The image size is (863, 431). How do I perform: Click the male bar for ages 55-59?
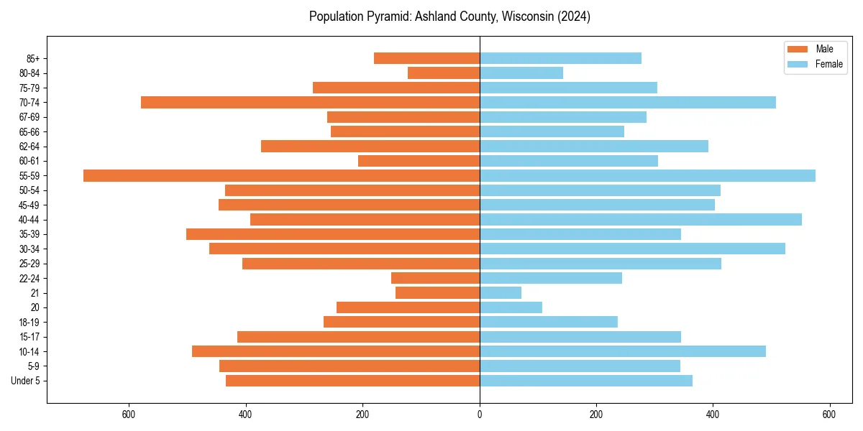(x=281, y=175)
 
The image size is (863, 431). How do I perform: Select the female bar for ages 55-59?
(x=647, y=175)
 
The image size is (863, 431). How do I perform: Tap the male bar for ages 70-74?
(x=310, y=102)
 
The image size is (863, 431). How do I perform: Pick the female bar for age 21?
(x=501, y=292)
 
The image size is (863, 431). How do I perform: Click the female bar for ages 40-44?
(x=640, y=219)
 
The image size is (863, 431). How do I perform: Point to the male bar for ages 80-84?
(x=444, y=73)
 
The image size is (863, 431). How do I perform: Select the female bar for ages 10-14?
(x=623, y=351)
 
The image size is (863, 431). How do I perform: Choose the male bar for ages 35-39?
(x=333, y=234)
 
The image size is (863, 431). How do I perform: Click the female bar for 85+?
(x=560, y=58)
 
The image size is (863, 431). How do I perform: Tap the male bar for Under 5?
(x=352, y=381)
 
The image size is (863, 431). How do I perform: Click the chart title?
(x=449, y=17)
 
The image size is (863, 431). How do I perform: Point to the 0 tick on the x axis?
(x=480, y=414)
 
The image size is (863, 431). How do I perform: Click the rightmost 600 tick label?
(x=829, y=414)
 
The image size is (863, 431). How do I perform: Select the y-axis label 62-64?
(x=29, y=146)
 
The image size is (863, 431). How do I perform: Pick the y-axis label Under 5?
(x=26, y=381)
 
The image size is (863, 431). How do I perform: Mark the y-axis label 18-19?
(x=29, y=322)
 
